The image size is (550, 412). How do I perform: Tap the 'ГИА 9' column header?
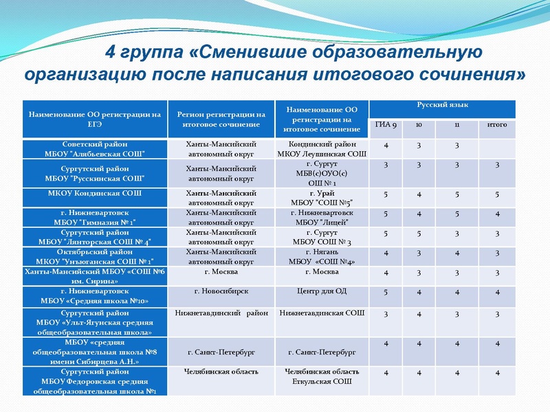point(386,125)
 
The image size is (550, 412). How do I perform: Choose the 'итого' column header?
point(496,125)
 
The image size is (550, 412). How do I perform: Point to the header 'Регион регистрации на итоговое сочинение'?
point(221,119)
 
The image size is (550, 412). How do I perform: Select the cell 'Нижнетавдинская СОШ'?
point(322,313)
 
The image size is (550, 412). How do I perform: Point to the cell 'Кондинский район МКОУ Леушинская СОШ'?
point(322,149)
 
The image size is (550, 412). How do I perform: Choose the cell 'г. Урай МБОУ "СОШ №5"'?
point(322,198)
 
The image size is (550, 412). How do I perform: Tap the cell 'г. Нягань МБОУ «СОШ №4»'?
point(322,257)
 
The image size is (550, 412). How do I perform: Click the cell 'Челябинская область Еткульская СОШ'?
point(322,376)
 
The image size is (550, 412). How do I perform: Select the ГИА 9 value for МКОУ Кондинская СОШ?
point(386,194)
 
